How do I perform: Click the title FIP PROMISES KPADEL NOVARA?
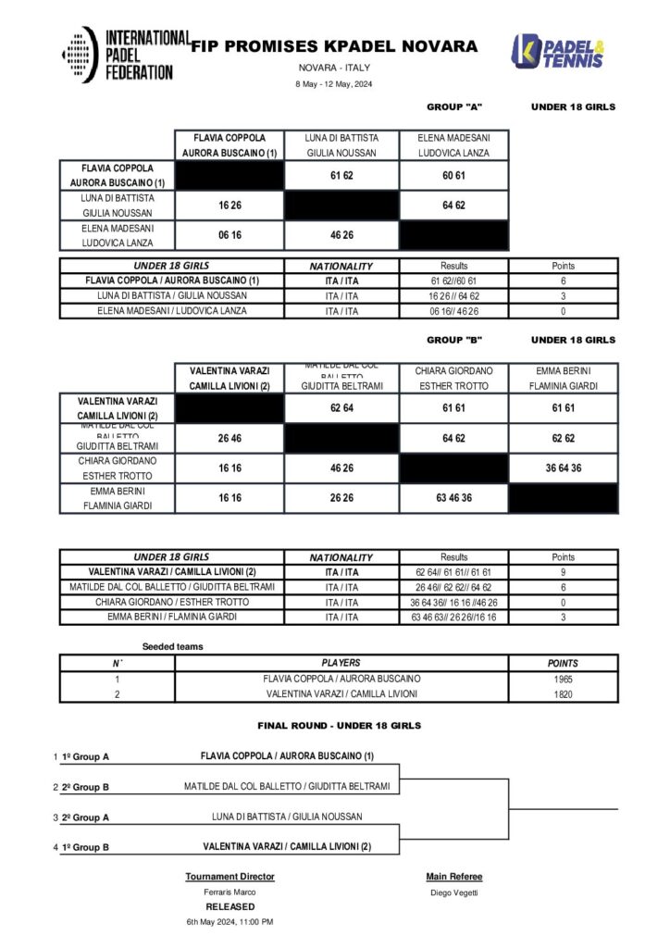pyautogui.click(x=334, y=46)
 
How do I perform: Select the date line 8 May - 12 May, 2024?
pyautogui.click(x=334, y=84)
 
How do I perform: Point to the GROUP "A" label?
pyautogui.click(x=454, y=106)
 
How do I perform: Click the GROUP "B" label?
pyautogui.click(x=454, y=340)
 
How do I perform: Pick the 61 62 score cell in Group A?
pyautogui.click(x=341, y=174)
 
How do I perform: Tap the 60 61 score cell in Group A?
pyautogui.click(x=453, y=174)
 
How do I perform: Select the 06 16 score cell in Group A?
pyautogui.click(x=230, y=235)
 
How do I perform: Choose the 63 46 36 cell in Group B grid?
pyautogui.click(x=453, y=497)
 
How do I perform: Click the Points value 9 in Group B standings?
pyautogui.click(x=563, y=572)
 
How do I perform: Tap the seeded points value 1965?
pyautogui.click(x=563, y=679)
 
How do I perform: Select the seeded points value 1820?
pyautogui.click(x=563, y=693)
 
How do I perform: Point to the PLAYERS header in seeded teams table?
pyautogui.click(x=341, y=663)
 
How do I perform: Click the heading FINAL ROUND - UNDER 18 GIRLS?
pyautogui.click(x=339, y=725)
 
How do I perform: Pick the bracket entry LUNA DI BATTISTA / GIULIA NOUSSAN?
pyautogui.click(x=286, y=817)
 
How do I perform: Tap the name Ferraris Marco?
pyautogui.click(x=230, y=892)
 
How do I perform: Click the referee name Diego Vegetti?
pyautogui.click(x=453, y=892)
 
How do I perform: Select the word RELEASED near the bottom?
pyautogui.click(x=230, y=906)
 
